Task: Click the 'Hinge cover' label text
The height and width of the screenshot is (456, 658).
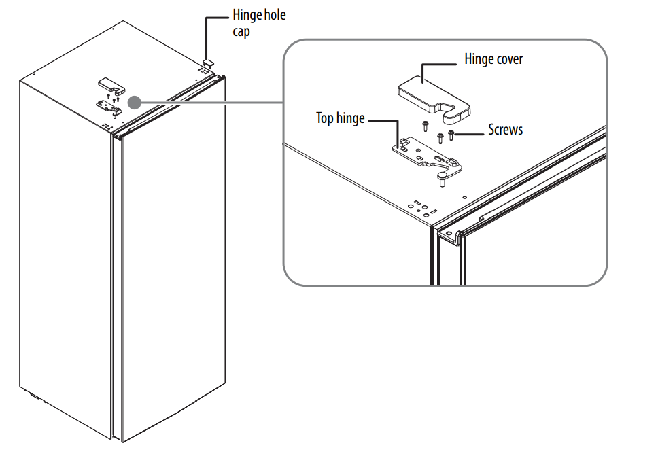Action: tap(493, 59)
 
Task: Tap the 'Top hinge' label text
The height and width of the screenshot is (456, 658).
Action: tap(340, 118)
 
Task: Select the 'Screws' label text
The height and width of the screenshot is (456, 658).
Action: tap(505, 129)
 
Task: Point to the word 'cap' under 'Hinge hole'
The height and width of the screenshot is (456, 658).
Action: tap(242, 31)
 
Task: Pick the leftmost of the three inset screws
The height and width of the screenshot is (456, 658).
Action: tap(426, 125)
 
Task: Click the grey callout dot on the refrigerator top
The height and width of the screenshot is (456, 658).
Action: tap(134, 102)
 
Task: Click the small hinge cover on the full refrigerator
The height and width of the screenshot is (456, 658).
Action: tap(109, 84)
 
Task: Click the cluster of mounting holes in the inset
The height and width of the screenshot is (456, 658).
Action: tap(420, 207)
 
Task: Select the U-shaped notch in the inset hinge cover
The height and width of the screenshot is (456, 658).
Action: tap(454, 108)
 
